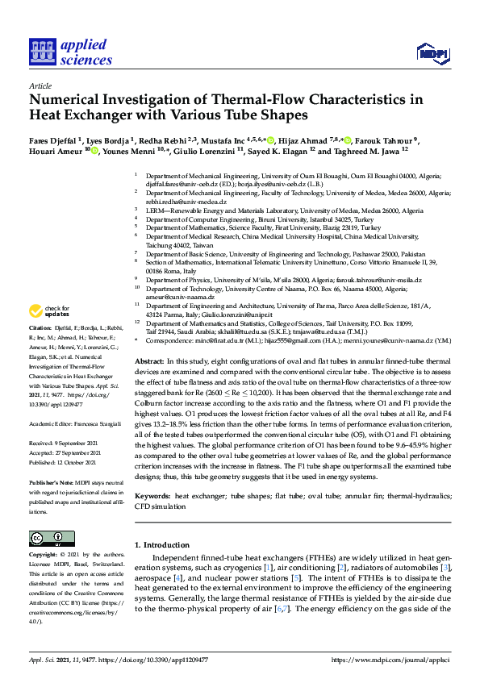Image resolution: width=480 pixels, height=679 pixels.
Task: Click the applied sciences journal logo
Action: point(70,52)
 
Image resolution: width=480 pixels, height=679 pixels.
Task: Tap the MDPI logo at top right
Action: point(432,55)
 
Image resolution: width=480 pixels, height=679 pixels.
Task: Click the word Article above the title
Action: point(40,85)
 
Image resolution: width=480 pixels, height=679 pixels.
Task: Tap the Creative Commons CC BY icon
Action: point(46,538)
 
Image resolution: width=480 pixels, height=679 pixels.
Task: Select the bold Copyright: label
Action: point(44,556)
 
